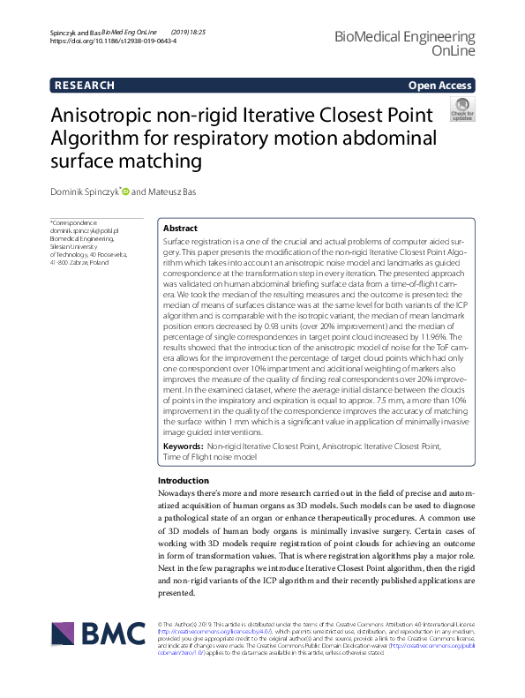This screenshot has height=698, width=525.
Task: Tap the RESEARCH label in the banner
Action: coord(85,86)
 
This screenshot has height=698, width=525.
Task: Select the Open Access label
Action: coord(440,86)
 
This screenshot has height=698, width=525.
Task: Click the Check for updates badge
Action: coord(461,109)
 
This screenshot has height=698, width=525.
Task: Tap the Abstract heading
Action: coord(180,228)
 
